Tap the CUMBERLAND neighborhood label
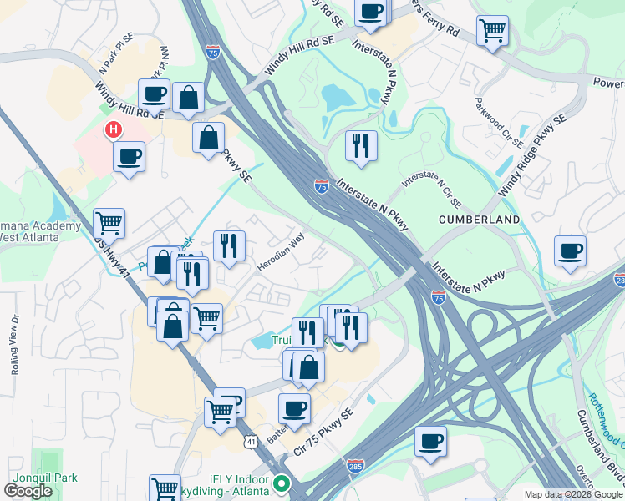coord(480,220)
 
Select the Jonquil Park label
coord(38,478)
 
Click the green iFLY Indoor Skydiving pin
coord(282,483)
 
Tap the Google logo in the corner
coord(28,491)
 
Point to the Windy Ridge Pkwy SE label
coord(532,156)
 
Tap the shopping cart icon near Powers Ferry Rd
coord(493,31)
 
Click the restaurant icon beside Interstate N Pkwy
coord(361,146)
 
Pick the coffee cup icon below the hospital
coord(129,156)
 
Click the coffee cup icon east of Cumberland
coord(570,250)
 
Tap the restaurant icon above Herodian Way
coord(229,245)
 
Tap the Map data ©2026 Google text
coord(572,494)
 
